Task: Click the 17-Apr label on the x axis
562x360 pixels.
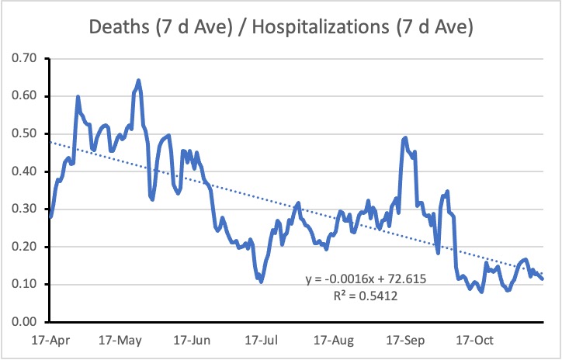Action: click(x=48, y=340)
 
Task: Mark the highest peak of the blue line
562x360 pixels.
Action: click(x=138, y=80)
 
